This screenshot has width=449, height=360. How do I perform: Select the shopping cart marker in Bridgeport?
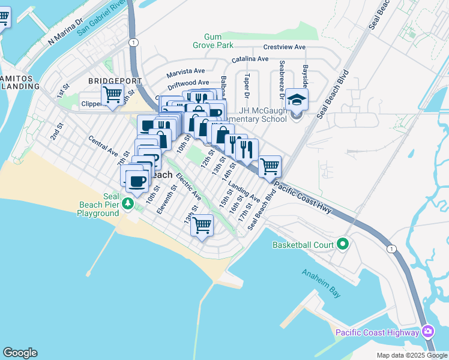(x=112, y=95)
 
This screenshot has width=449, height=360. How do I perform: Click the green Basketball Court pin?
(x=343, y=244)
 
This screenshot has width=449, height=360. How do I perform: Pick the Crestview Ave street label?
(x=284, y=47)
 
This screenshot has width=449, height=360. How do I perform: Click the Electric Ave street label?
(x=188, y=187)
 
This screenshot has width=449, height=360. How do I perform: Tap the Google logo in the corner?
(x=20, y=353)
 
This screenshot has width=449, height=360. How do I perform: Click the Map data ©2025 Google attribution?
(x=411, y=355)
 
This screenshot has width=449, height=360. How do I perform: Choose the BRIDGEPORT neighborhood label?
(x=115, y=80)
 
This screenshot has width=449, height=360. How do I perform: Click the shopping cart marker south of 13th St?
(x=202, y=226)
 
